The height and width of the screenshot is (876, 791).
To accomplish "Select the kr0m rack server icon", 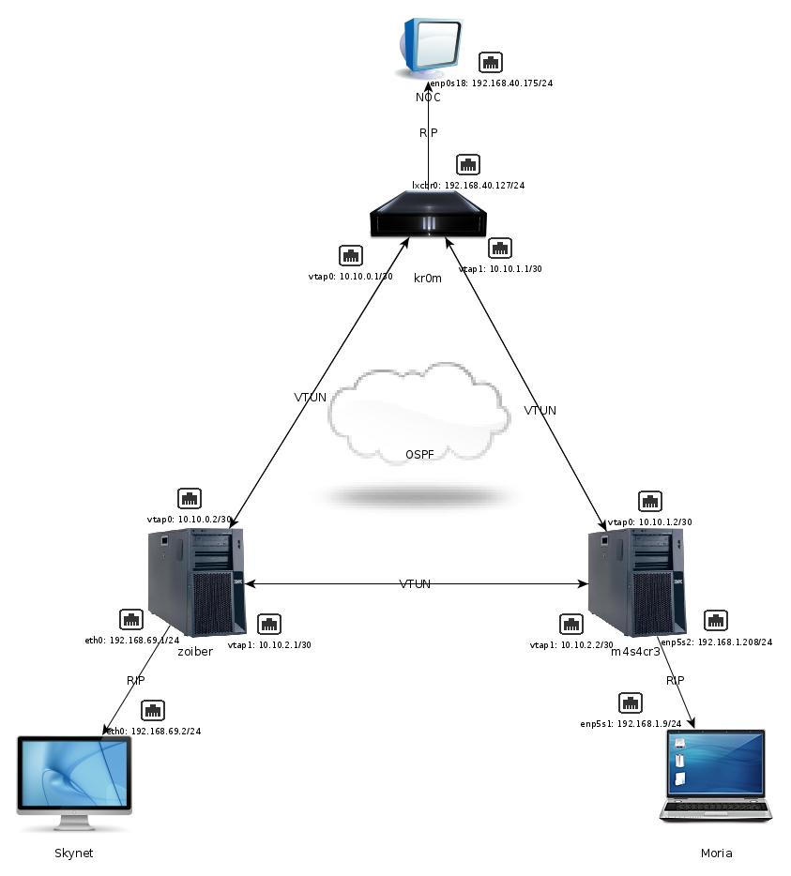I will point(429,220).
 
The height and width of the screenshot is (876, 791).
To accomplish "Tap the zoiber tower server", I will point(195,581).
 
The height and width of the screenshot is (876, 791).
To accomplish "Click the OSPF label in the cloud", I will point(419,455).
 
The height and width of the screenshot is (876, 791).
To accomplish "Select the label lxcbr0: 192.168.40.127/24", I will point(468,186).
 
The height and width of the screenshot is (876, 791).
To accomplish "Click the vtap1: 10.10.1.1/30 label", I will point(500,269).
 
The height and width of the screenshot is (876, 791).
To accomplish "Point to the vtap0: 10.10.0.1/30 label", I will point(350,277).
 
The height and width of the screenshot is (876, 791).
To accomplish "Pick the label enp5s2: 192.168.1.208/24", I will point(717,642).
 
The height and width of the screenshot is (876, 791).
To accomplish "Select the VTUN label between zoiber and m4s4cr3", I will point(415,584).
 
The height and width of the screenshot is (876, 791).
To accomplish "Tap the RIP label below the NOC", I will point(428,133).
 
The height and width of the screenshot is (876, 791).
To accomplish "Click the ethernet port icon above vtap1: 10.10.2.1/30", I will point(269,624).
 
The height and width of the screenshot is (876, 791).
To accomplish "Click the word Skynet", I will point(74,853).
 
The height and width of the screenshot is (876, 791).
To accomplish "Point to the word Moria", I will point(716,853).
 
